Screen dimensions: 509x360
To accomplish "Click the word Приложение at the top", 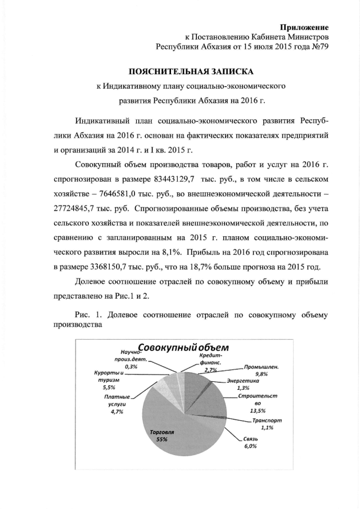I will (x=304, y=27).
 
